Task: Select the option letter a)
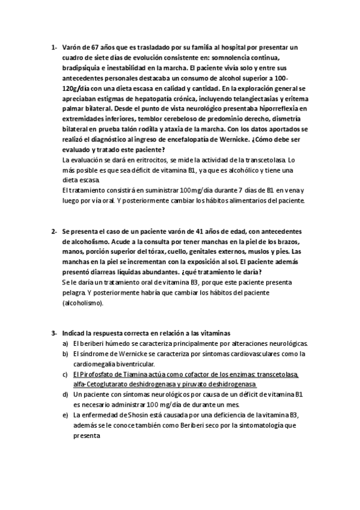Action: [65, 343]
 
